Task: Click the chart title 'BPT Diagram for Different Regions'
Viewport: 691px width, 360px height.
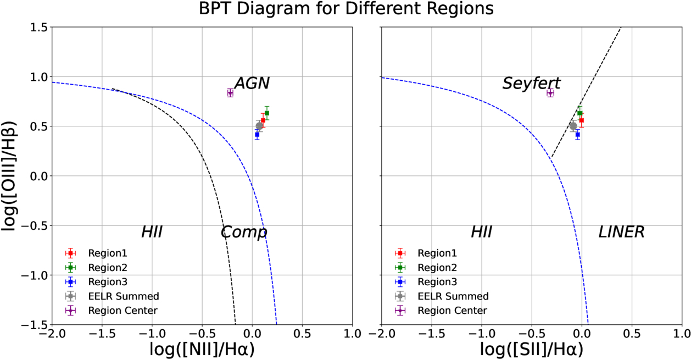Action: click(x=345, y=9)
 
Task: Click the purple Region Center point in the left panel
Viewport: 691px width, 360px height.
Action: click(x=230, y=93)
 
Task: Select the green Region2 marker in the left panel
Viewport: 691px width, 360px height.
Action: click(x=267, y=113)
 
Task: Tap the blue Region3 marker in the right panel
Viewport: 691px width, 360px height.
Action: click(x=577, y=134)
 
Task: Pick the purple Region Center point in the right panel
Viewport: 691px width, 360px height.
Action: click(x=550, y=93)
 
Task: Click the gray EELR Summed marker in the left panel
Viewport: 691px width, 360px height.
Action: click(x=259, y=126)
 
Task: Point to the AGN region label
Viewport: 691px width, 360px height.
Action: click(x=252, y=83)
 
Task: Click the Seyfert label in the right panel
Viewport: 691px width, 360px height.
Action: click(x=531, y=83)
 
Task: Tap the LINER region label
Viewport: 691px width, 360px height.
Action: click(x=621, y=232)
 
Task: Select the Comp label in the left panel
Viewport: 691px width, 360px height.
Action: click(x=244, y=232)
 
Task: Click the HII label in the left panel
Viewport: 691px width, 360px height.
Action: click(x=152, y=232)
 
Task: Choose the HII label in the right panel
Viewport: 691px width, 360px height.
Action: click(x=481, y=232)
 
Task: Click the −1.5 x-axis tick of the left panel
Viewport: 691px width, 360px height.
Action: click(x=102, y=333)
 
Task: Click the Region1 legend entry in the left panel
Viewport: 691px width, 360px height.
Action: click(x=107, y=253)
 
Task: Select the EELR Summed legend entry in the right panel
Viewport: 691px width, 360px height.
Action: click(x=453, y=296)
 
